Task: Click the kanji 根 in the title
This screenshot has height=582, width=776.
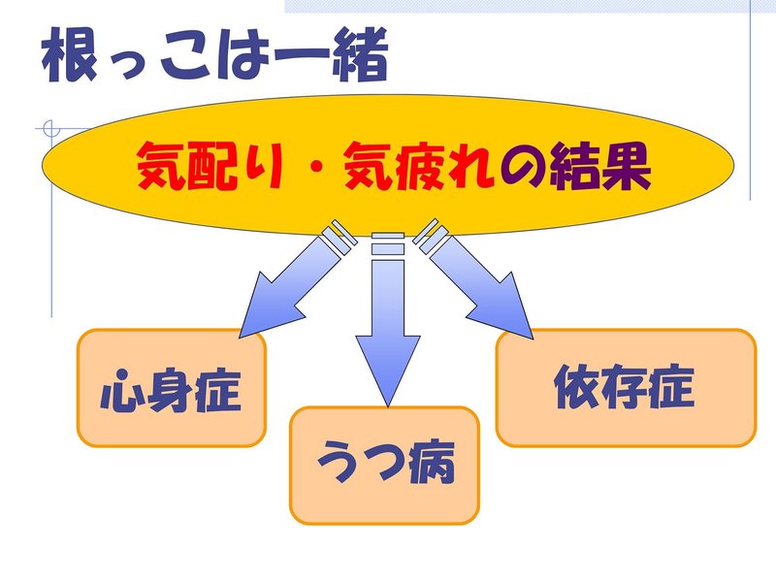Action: point(70,55)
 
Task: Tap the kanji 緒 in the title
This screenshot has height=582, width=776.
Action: point(360,55)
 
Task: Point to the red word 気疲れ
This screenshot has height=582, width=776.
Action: point(419,166)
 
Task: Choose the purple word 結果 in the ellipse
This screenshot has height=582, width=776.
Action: point(600,166)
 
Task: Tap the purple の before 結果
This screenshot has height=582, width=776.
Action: point(523,167)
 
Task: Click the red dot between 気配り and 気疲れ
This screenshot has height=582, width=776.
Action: point(313,166)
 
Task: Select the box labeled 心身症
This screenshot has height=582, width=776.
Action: point(172,388)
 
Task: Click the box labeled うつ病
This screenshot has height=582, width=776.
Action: point(384,465)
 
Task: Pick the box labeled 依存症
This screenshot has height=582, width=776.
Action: point(626,388)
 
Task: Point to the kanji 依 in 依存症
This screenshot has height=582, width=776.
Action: point(576,387)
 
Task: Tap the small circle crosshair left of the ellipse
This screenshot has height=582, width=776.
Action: point(50,129)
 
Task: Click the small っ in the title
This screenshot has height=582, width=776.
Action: point(128,64)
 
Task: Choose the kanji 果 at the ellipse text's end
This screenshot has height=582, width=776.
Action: point(627,166)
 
